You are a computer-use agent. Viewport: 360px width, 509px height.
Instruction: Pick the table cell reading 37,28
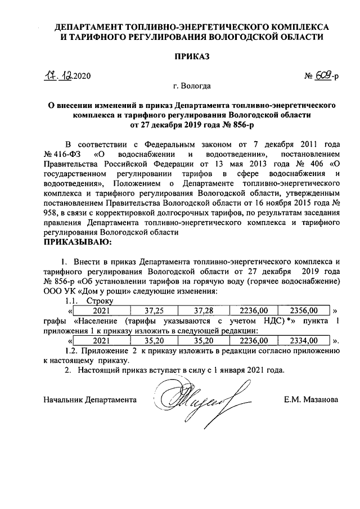(x=200, y=310)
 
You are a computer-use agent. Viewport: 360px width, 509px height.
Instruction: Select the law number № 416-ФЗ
(x=62, y=154)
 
